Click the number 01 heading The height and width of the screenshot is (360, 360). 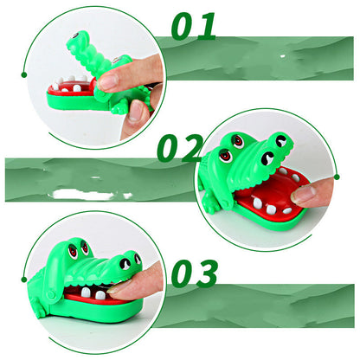pos(194,26)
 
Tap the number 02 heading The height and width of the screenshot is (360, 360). pos(180,148)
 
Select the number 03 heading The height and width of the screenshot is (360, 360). pos(195,273)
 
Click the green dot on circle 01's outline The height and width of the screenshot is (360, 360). pos(24,75)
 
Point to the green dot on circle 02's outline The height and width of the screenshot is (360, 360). pos(337,177)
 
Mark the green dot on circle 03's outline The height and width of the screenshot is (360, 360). pos(24,280)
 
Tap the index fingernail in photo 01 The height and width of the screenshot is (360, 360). pos(107,82)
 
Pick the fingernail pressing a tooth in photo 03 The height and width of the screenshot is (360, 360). pos(115,289)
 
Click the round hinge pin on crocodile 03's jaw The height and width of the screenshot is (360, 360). pos(51,295)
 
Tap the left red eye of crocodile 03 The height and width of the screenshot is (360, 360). pos(73,251)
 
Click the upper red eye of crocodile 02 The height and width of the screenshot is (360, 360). pos(238,141)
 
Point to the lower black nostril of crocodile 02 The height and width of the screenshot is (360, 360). pos(267,158)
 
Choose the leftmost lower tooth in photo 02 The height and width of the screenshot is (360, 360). pos(257,203)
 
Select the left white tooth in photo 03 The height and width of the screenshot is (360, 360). pos(86,292)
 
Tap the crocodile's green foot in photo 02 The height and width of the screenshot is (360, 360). pos(209,202)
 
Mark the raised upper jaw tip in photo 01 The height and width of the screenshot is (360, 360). pos(76,37)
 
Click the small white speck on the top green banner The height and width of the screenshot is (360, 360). pos(283,56)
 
